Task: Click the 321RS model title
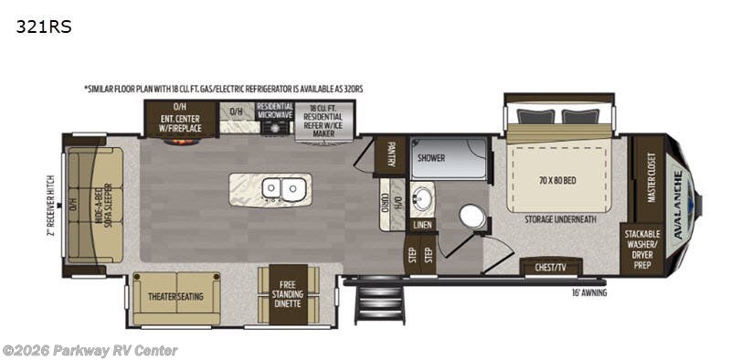coord(42,26)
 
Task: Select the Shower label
coord(431,157)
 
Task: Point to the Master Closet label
coord(651,175)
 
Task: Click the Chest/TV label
coord(550,268)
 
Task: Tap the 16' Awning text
coord(588,292)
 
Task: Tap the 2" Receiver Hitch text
coord(53,205)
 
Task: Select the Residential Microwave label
coord(274,112)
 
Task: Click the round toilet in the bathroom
coord(472,216)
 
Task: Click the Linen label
coord(421,223)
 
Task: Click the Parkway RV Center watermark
coord(90,350)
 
